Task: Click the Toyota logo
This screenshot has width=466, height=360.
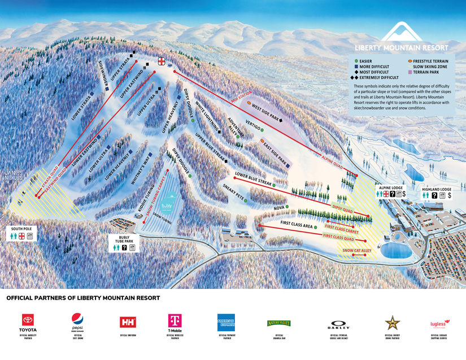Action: (x=29, y=321)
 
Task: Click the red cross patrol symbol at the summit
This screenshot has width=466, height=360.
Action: (x=163, y=61)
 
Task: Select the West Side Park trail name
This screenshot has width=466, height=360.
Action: (x=266, y=107)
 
